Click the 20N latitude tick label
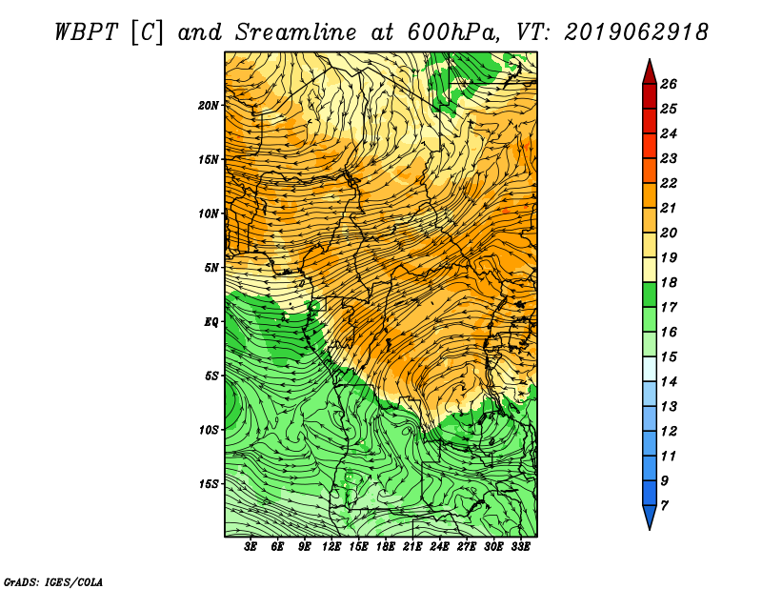click(208, 105)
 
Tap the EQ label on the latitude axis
click(211, 321)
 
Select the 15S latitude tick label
click(208, 484)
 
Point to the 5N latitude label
click(211, 268)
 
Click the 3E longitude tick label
click(251, 547)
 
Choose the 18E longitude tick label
click(386, 547)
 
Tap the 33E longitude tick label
click(520, 547)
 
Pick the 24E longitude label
click(439, 547)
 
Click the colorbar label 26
click(669, 84)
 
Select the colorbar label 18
click(669, 282)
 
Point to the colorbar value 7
click(664, 505)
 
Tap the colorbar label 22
click(669, 183)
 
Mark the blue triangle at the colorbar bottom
click(650, 516)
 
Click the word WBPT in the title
click(86, 32)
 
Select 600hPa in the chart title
click(451, 32)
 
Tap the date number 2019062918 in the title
click(636, 32)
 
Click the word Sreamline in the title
click(295, 32)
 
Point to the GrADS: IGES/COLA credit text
click(53, 581)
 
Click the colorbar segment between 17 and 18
click(650, 294)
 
